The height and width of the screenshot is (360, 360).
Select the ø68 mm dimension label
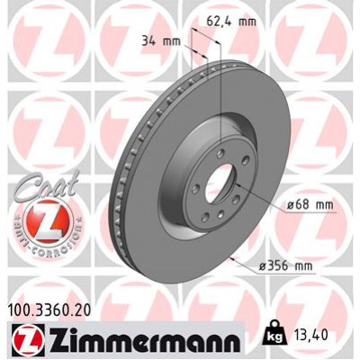click(286, 204)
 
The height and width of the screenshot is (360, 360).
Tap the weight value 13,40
click(326, 340)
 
